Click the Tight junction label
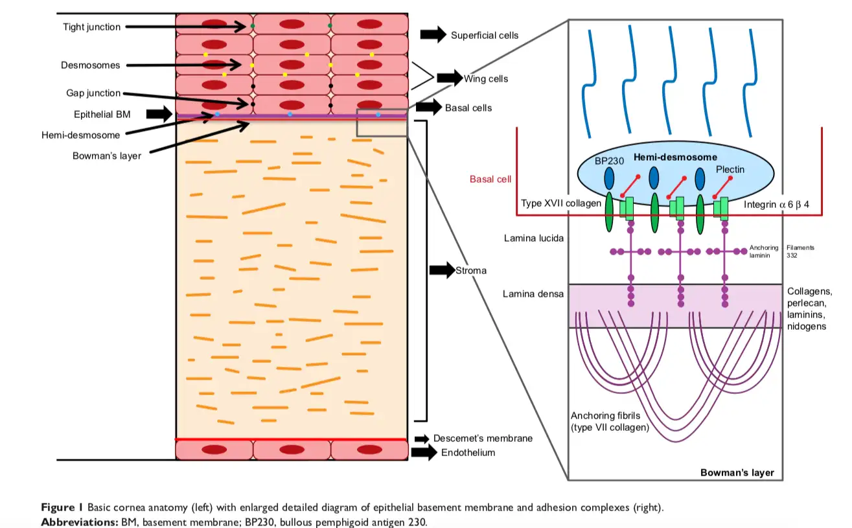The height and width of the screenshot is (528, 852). coord(91,27)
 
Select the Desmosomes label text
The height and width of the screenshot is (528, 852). coord(91,65)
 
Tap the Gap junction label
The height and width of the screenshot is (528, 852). coord(93,93)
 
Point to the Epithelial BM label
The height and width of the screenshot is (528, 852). coord(102,115)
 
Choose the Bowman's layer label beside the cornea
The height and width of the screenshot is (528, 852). coord(106,155)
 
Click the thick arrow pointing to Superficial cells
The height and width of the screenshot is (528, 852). coord(433,35)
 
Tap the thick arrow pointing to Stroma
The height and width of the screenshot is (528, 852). coord(442,270)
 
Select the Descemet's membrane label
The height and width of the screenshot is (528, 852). coord(483,439)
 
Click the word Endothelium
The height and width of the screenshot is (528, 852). coord(468,453)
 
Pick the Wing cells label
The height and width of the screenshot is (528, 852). coord(485,79)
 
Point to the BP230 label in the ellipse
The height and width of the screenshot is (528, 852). coord(608,161)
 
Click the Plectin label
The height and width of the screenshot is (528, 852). coord(730,169)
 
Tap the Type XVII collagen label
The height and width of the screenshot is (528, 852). coord(561,203)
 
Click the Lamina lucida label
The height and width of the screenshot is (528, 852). coord(533,238)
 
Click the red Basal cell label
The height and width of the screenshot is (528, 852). coord(490,179)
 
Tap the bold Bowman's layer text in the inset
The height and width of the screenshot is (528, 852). coord(737,472)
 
